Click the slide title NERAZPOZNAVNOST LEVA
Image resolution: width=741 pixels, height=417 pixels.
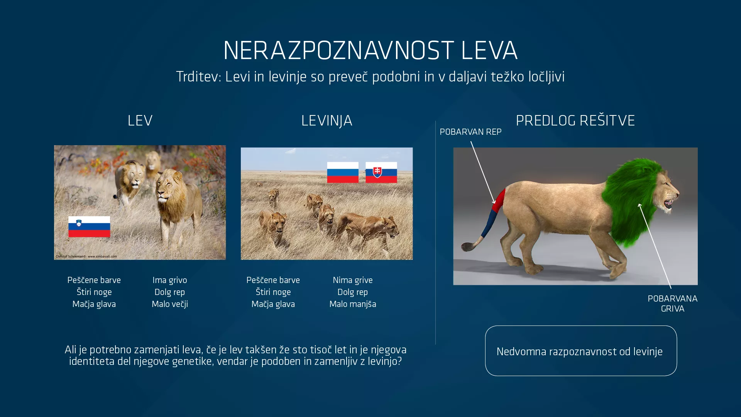370,51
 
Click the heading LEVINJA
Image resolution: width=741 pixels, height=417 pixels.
327,121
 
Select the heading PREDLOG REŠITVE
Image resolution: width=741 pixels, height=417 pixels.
575,121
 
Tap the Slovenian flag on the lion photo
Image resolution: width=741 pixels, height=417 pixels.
89,227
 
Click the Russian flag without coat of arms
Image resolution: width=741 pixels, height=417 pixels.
343,172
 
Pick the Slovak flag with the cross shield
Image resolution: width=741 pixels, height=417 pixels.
381,172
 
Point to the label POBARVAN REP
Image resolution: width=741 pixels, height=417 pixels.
470,132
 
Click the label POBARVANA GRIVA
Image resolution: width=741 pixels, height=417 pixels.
672,304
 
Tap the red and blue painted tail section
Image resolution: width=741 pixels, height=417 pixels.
494,212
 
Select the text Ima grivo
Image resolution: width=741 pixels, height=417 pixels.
169,280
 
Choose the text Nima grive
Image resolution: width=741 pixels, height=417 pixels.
352,280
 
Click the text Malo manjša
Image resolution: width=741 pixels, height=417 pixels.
352,304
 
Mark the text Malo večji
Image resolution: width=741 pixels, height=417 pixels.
169,304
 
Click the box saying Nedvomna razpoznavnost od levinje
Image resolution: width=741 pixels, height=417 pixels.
580,351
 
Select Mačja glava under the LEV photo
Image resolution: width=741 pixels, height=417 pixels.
94,304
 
